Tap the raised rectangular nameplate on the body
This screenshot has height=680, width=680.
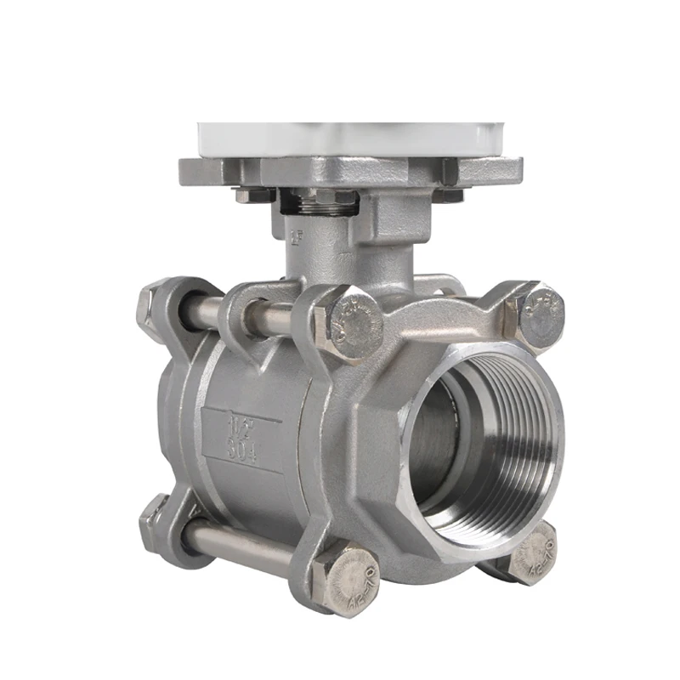point(242,433)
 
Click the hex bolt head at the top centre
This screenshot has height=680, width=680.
point(350,325)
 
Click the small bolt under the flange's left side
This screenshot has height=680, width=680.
point(252,195)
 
